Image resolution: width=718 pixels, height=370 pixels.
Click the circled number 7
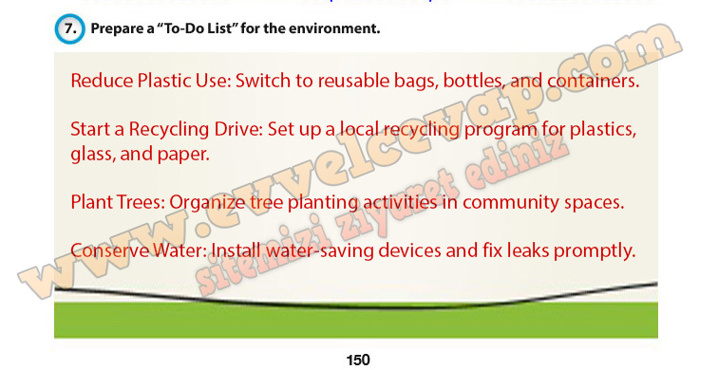pos(69,28)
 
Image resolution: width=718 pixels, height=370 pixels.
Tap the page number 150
pos(358,360)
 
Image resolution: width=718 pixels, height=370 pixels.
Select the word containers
pos(593,81)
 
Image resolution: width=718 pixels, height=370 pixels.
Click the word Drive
pos(238,129)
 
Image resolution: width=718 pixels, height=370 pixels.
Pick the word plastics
pos(603,130)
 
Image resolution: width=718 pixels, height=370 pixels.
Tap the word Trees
pos(141,203)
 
